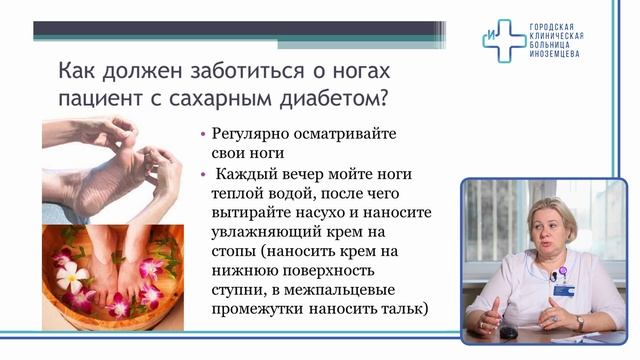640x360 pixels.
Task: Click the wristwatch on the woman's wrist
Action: tap(579, 322)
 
